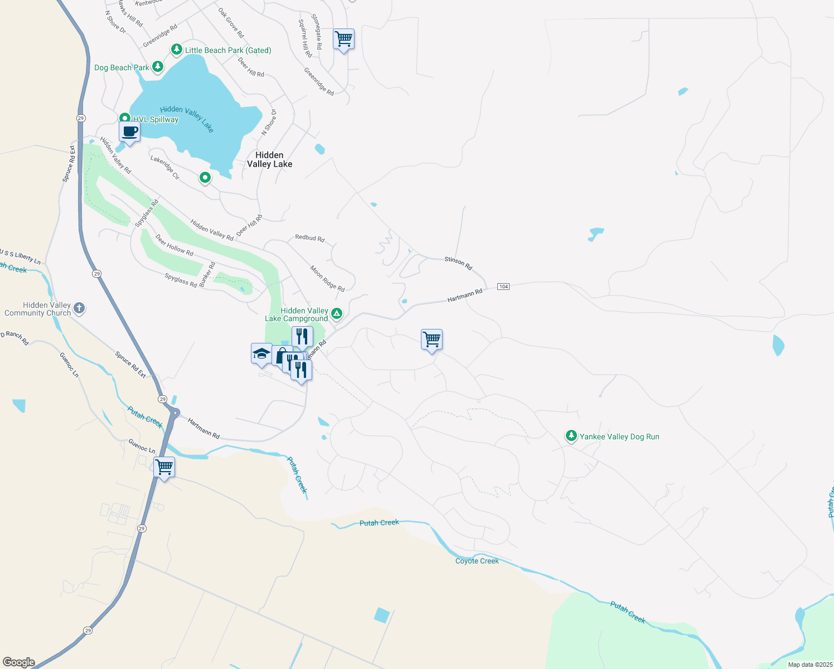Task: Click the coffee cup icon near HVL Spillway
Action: [129, 132]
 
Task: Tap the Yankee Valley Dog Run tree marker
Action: [571, 436]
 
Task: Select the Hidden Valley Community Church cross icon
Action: [79, 308]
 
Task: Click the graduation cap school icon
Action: [261, 353]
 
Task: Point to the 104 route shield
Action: [503, 287]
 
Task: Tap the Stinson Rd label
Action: [458, 263]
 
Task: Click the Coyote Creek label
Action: [477, 561]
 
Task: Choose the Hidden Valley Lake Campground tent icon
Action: [337, 314]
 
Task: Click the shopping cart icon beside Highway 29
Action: [164, 467]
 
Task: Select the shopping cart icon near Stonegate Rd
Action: [344, 40]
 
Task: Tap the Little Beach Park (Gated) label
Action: [228, 50]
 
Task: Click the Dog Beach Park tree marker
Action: [158, 67]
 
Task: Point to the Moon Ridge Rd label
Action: [327, 278]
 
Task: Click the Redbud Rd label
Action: [309, 237]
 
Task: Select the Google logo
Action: [19, 662]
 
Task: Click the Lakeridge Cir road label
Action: [165, 167]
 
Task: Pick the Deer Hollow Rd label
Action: [174, 245]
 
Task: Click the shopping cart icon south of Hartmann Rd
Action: [431, 339]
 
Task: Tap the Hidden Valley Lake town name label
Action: [269, 159]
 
